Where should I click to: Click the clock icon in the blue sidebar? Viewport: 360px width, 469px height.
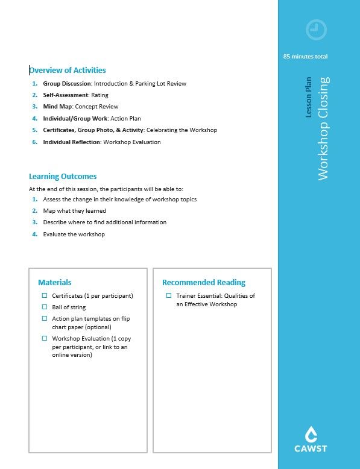click(316, 29)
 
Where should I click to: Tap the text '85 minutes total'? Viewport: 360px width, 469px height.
click(305, 57)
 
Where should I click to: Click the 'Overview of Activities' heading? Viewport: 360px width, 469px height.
click(68, 71)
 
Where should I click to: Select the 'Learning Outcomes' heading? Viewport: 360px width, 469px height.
click(63, 177)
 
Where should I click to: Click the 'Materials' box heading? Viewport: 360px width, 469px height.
click(55, 282)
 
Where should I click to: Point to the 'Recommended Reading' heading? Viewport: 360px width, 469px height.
click(204, 282)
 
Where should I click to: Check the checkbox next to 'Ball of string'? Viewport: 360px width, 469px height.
click(45, 307)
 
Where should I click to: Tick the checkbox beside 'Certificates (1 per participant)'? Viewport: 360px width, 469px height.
click(45, 295)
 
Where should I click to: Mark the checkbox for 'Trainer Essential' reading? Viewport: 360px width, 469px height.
click(169, 295)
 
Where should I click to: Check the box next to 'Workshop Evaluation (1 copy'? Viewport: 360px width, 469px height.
click(45, 338)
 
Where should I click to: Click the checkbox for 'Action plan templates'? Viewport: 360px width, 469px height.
click(45, 318)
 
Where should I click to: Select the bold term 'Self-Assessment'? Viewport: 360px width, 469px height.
click(65, 95)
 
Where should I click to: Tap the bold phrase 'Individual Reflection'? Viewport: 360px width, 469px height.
click(71, 142)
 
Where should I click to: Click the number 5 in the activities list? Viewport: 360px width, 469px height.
click(34, 130)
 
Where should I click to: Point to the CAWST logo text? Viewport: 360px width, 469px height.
click(311, 449)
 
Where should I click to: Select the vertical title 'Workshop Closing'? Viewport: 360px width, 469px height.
click(323, 128)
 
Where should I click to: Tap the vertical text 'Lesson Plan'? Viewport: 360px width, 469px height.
click(309, 96)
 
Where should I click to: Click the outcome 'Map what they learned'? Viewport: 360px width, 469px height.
click(74, 211)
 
